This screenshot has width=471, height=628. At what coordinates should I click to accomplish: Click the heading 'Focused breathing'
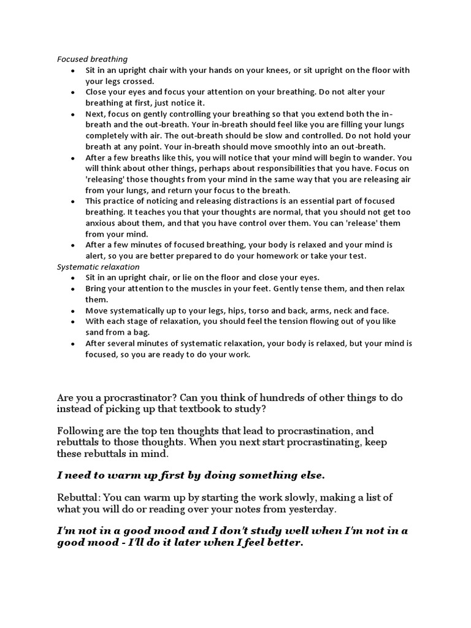click(x=92, y=59)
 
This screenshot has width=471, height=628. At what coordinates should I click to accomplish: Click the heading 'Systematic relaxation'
click(x=98, y=267)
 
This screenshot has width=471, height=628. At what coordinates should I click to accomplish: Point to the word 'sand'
click(x=95, y=332)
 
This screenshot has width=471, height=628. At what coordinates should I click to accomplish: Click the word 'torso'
click(x=243, y=310)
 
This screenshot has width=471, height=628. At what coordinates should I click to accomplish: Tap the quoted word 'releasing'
click(x=110, y=179)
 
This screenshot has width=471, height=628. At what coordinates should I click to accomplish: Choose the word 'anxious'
click(x=100, y=223)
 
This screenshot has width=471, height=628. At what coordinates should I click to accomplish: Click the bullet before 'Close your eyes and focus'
click(x=73, y=92)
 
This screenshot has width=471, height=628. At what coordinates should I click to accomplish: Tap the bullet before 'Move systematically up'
click(x=73, y=311)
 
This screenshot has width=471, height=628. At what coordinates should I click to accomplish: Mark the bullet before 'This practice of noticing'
click(x=73, y=201)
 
